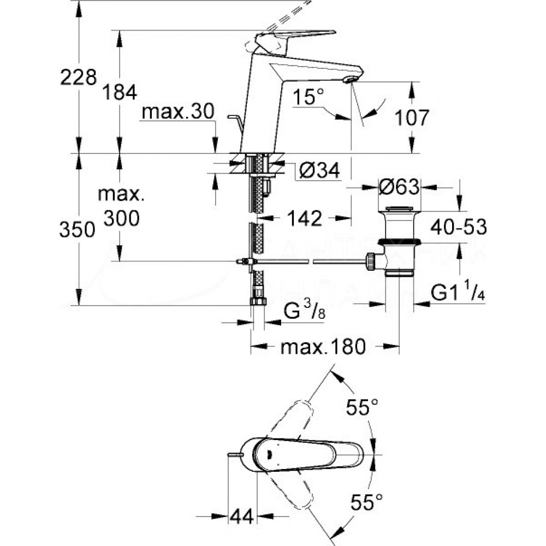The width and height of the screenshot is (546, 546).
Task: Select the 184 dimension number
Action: pyautogui.click(x=120, y=92)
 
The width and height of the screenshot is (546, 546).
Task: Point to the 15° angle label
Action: pyautogui.click(x=304, y=98)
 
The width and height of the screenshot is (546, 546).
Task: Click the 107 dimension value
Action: pyautogui.click(x=412, y=117)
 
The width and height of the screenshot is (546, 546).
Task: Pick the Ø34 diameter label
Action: pyautogui.click(x=319, y=171)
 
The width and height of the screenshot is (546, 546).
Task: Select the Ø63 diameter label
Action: pyautogui.click(x=399, y=187)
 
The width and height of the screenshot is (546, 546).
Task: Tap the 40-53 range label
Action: pyautogui.click(x=458, y=225)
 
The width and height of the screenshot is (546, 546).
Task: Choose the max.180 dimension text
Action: pyautogui.click(x=322, y=347)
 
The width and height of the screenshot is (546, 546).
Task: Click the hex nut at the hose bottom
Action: pyautogui.click(x=258, y=302)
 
